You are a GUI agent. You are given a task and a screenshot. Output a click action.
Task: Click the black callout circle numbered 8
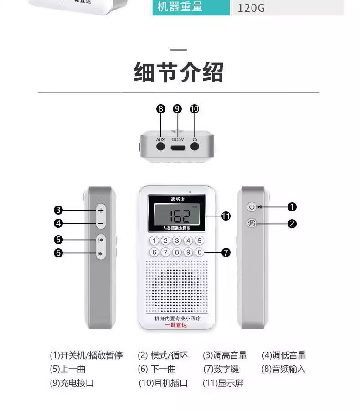click(160, 109)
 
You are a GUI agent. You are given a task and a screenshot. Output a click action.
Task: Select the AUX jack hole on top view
click(160, 147)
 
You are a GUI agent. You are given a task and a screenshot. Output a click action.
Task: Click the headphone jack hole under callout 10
click(195, 147)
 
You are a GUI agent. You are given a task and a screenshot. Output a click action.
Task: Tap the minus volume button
click(101, 223)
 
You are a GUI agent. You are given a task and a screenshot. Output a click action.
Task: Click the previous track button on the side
click(101, 240)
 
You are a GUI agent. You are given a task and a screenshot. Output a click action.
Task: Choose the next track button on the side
click(101, 254)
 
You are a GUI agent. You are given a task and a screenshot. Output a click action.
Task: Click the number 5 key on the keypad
click(199, 241)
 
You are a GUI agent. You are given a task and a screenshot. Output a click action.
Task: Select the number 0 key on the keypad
click(199, 252)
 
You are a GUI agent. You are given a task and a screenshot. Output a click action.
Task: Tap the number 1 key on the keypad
click(154, 241)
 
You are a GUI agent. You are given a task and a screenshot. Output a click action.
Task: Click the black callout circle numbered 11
click(226, 216)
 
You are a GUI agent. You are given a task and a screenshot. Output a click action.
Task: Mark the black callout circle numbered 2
click(292, 224)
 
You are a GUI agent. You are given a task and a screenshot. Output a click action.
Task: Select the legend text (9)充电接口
click(72, 383)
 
